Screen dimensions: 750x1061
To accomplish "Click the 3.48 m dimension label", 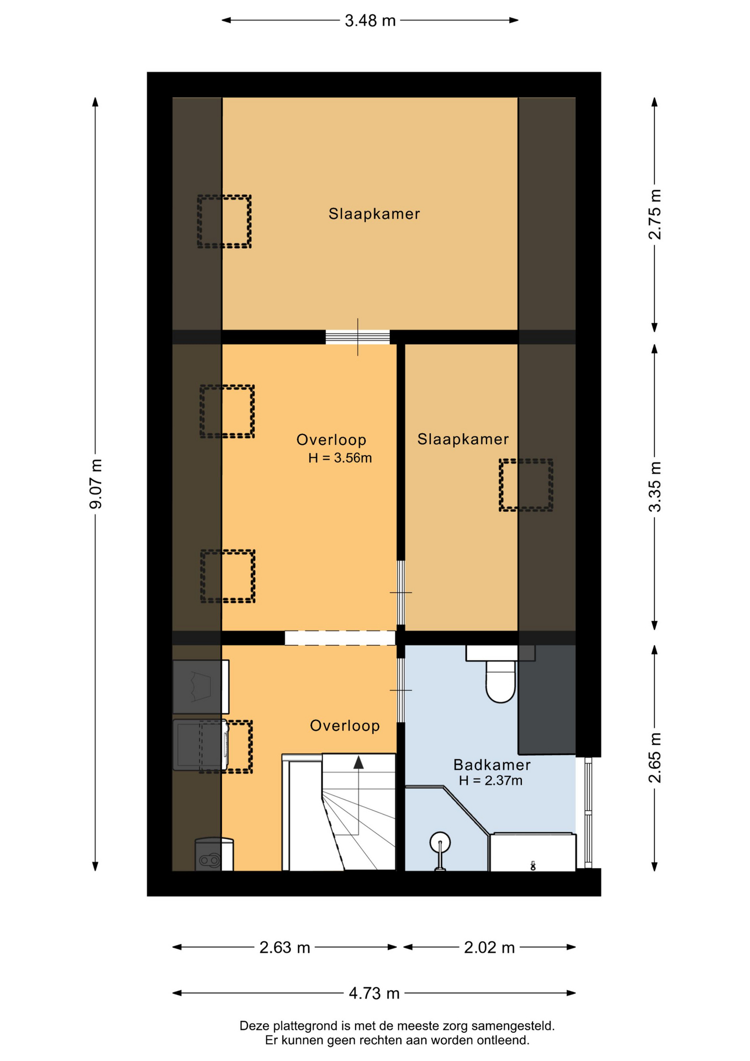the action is pyautogui.click(x=370, y=20).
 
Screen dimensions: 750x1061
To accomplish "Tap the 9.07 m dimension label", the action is pyautogui.click(x=96, y=484).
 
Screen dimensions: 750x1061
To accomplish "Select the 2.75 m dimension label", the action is pyautogui.click(x=654, y=214).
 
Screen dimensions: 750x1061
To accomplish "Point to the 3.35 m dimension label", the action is pyautogui.click(x=654, y=487).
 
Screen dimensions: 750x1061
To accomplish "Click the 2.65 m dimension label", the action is pyautogui.click(x=654, y=758).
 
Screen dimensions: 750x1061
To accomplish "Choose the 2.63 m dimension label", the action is pyautogui.click(x=285, y=948).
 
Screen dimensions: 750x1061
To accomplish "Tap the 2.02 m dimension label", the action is pyautogui.click(x=489, y=948).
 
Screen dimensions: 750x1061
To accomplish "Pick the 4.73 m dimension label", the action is pyautogui.click(x=374, y=994).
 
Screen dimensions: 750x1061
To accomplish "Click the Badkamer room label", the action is pyautogui.click(x=492, y=765).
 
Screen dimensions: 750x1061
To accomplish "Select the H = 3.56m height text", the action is pyautogui.click(x=340, y=458).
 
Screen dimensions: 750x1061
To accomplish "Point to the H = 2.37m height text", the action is pyautogui.click(x=490, y=781).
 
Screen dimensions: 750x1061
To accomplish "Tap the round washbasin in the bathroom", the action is pyautogui.click(x=440, y=843).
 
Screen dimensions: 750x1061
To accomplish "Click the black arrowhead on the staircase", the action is pyautogui.click(x=359, y=763).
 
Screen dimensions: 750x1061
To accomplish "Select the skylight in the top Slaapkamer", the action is pyautogui.click(x=225, y=221).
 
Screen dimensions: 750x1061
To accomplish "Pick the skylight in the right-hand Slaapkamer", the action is pyautogui.click(x=526, y=485).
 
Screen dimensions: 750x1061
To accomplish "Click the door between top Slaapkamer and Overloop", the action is pyautogui.click(x=358, y=337).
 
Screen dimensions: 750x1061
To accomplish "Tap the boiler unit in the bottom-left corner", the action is pyautogui.click(x=214, y=854).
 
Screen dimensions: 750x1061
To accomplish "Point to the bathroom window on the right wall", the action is pyautogui.click(x=588, y=812).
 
